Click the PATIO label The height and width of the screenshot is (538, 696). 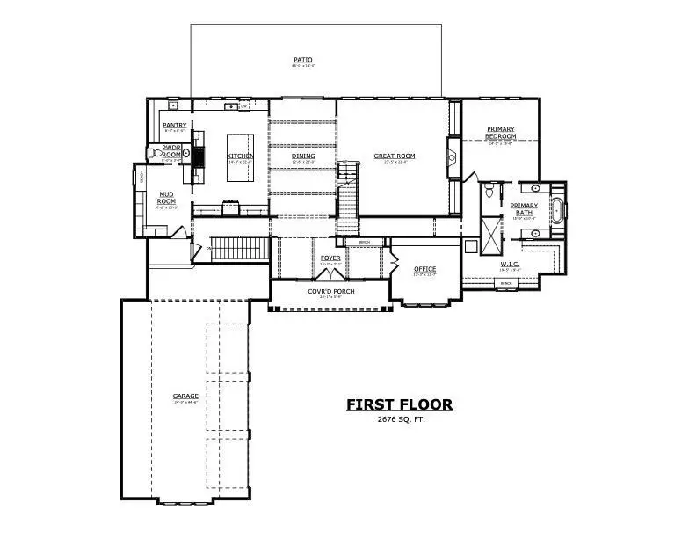click(x=302, y=60)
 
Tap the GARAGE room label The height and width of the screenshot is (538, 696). click(x=185, y=396)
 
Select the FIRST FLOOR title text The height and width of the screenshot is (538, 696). click(x=399, y=404)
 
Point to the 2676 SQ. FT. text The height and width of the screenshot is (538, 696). click(x=399, y=419)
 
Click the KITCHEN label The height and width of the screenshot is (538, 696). click(x=241, y=156)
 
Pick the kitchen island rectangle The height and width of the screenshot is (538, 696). click(x=241, y=157)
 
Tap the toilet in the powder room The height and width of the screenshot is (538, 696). click(x=186, y=153)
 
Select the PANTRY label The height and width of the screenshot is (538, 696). click(x=174, y=126)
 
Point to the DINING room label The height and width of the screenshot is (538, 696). click(x=303, y=156)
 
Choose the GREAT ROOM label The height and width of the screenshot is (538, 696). click(x=394, y=156)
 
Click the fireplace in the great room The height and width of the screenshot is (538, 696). click(x=453, y=157)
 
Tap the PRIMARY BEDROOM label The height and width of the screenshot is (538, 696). click(x=500, y=134)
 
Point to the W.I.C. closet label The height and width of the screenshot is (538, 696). click(x=511, y=264)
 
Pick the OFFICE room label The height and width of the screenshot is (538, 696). click(x=424, y=269)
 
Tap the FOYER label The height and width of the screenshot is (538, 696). click(x=330, y=258)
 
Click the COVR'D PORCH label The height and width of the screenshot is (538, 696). click(x=330, y=291)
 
